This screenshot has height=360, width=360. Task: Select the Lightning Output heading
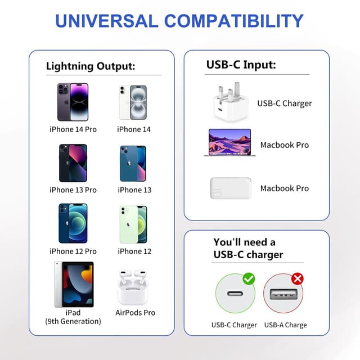point(91,66)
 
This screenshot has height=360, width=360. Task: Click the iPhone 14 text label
point(134,129)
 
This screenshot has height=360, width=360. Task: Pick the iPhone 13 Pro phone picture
point(73,163)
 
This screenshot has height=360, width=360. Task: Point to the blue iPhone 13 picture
point(133,164)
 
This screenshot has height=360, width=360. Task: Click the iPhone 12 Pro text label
point(73,251)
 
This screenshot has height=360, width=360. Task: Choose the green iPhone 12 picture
point(133,224)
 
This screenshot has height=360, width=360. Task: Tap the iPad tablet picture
point(74,284)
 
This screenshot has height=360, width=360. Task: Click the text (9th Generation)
point(73,321)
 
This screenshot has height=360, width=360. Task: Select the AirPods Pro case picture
point(135,287)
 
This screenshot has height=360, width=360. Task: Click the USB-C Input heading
point(241,65)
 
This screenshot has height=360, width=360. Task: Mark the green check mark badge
point(249,278)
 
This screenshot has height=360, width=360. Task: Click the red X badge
point(297,278)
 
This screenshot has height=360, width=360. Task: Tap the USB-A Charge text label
point(286,325)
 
